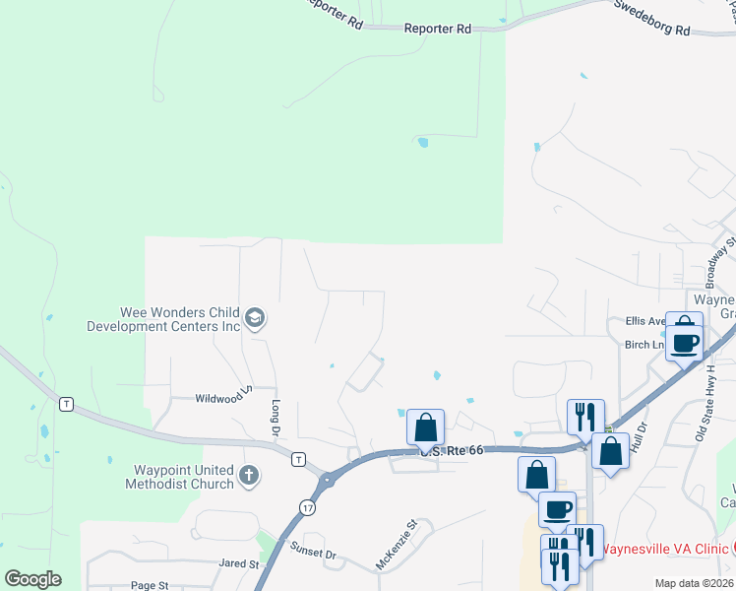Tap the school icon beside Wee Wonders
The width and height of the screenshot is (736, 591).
click(254, 317)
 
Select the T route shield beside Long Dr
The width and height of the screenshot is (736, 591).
click(297, 459)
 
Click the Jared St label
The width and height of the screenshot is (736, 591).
click(238, 564)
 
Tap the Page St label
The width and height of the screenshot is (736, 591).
click(150, 585)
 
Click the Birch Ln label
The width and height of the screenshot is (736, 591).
click(644, 345)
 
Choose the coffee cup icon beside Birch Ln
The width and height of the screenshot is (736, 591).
click(684, 343)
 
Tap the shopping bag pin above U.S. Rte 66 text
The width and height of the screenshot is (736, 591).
click(425, 427)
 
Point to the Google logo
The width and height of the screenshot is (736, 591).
click(32, 578)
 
